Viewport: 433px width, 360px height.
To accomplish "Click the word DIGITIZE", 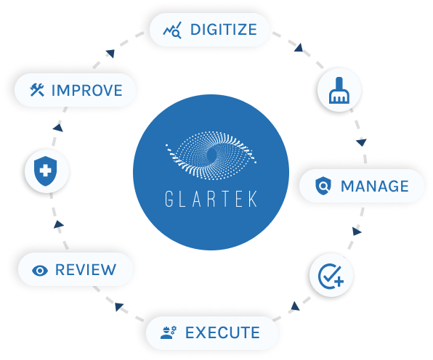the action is [224, 30].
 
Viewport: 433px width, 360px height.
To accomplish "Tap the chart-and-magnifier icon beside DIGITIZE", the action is [172, 30].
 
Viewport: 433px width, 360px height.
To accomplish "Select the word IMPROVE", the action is [87, 91].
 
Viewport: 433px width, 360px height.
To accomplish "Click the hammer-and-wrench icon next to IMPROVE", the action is [37, 90].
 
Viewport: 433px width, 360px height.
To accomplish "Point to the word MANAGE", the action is [375, 187].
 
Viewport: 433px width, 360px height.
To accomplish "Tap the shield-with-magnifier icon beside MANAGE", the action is [323, 187].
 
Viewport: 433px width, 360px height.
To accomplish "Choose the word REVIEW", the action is [86, 270].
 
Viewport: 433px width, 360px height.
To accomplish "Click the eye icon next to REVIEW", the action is [40, 271].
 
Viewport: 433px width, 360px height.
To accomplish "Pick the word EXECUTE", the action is [222, 332].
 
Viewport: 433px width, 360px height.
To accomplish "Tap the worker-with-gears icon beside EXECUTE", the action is [168, 332].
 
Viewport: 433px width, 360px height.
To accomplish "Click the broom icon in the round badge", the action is [339, 91].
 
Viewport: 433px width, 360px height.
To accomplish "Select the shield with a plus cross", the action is [46, 171].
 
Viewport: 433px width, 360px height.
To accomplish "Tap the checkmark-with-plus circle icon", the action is [331, 276].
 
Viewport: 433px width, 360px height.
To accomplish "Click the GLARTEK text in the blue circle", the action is [211, 199].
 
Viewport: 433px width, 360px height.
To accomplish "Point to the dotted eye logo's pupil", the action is [212, 155].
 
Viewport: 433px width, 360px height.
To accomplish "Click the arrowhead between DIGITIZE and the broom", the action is [299, 48].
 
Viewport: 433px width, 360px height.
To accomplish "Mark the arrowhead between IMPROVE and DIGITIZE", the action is [110, 53].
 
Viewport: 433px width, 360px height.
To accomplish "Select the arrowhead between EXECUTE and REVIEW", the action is [118, 306].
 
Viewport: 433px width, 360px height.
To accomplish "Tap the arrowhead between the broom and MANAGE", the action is [362, 142].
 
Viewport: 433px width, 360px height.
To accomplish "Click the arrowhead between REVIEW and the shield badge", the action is [58, 224].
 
